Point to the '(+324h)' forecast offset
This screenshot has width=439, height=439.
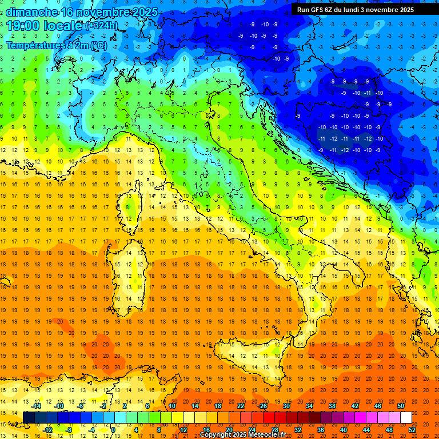pos(102,26)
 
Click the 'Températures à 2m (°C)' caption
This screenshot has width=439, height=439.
pos(56,45)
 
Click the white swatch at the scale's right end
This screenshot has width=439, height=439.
pos(406,417)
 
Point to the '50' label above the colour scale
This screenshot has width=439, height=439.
pos(400,406)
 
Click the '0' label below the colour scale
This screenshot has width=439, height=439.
pos(113,430)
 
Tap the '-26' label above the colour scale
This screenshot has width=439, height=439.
pos(262,406)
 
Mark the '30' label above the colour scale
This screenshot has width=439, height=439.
pos(286,406)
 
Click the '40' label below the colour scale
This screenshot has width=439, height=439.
pos(343,430)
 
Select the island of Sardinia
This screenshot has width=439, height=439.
pos(129,274)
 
